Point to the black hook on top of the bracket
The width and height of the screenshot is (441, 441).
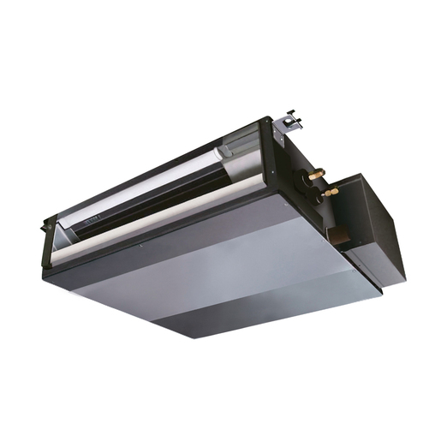(x=292, y=113)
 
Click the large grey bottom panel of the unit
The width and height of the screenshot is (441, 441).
(x=214, y=274)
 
